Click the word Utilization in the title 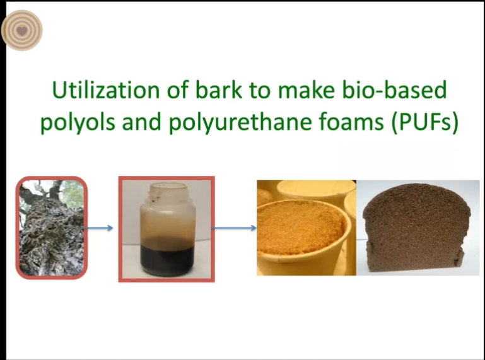pyautogui.click(x=105, y=90)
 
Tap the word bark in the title pyautogui.click(x=218, y=90)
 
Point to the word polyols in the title pyautogui.click(x=78, y=123)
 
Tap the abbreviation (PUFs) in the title pyautogui.click(x=424, y=122)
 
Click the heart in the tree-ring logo pyautogui.click(x=21, y=31)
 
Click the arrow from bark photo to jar pyautogui.click(x=98, y=228)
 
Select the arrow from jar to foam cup pyautogui.click(x=233, y=228)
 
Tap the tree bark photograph pyautogui.click(x=51, y=228)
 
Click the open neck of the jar pyautogui.click(x=168, y=189)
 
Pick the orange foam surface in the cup pyautogui.click(x=298, y=228)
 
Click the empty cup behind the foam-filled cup pyautogui.click(x=316, y=191)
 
